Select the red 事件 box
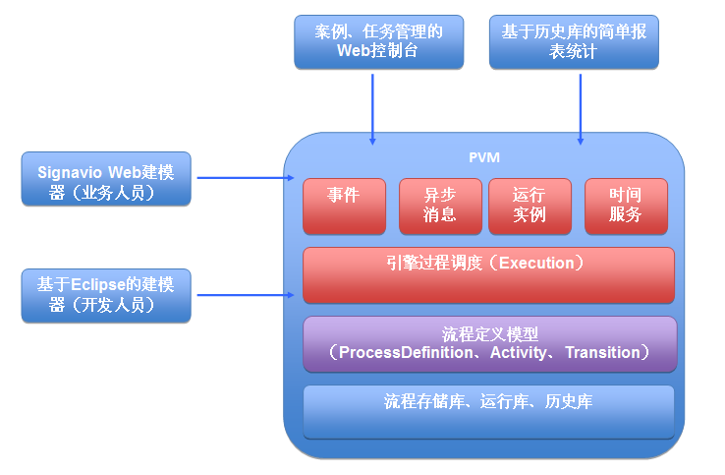(344, 206)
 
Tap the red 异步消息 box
(440, 206)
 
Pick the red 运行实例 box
(529, 206)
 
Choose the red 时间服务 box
(626, 206)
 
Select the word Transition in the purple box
(602, 352)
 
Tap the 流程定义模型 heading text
(488, 332)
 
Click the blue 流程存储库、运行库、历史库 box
(488, 411)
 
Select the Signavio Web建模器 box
(106, 179)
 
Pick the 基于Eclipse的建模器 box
(106, 295)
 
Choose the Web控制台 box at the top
(378, 42)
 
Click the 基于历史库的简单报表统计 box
(574, 42)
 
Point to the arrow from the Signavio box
(246, 178)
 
